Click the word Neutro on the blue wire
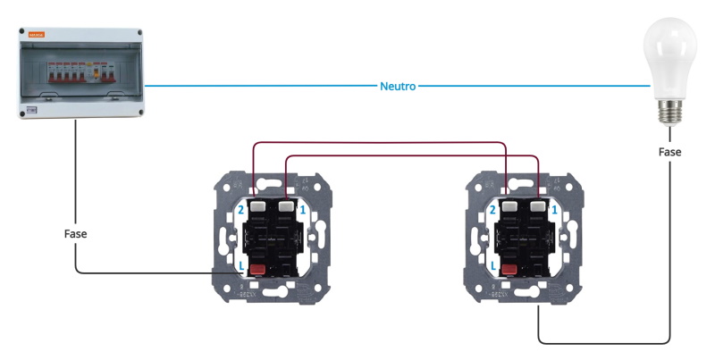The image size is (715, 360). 398,87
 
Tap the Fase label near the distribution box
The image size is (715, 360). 76,233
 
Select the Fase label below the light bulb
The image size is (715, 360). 669,153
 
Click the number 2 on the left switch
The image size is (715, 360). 240,209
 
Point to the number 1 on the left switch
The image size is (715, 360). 304,209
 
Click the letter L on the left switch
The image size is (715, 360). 240,266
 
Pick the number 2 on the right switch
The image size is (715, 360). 493,209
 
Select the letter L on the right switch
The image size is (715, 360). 493,266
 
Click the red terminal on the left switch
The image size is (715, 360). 258,269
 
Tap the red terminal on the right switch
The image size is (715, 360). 511,269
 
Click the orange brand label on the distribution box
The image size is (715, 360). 38,35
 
